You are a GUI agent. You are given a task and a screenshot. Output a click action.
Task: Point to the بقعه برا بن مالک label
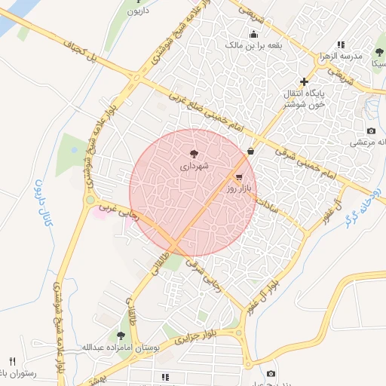pyautogui.click(x=253, y=44)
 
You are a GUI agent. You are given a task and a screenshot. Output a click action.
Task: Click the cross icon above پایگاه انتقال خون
pyautogui.click(x=304, y=81)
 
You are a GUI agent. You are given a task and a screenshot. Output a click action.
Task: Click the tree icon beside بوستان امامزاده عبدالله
pyautogui.click(x=121, y=335)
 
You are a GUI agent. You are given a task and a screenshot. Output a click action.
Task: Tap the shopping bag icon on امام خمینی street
pyautogui.click(x=250, y=150)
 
